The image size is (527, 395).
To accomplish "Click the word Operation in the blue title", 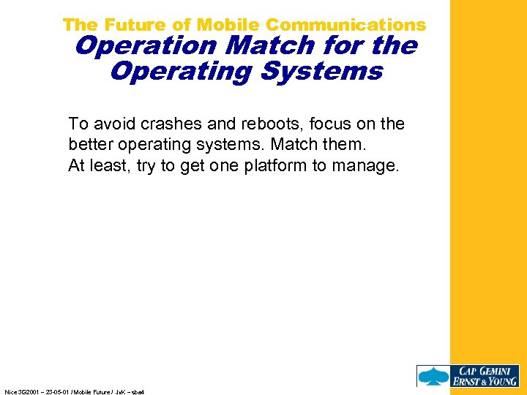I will coord(147,46).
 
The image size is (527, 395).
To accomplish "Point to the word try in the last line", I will coord(146,165).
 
